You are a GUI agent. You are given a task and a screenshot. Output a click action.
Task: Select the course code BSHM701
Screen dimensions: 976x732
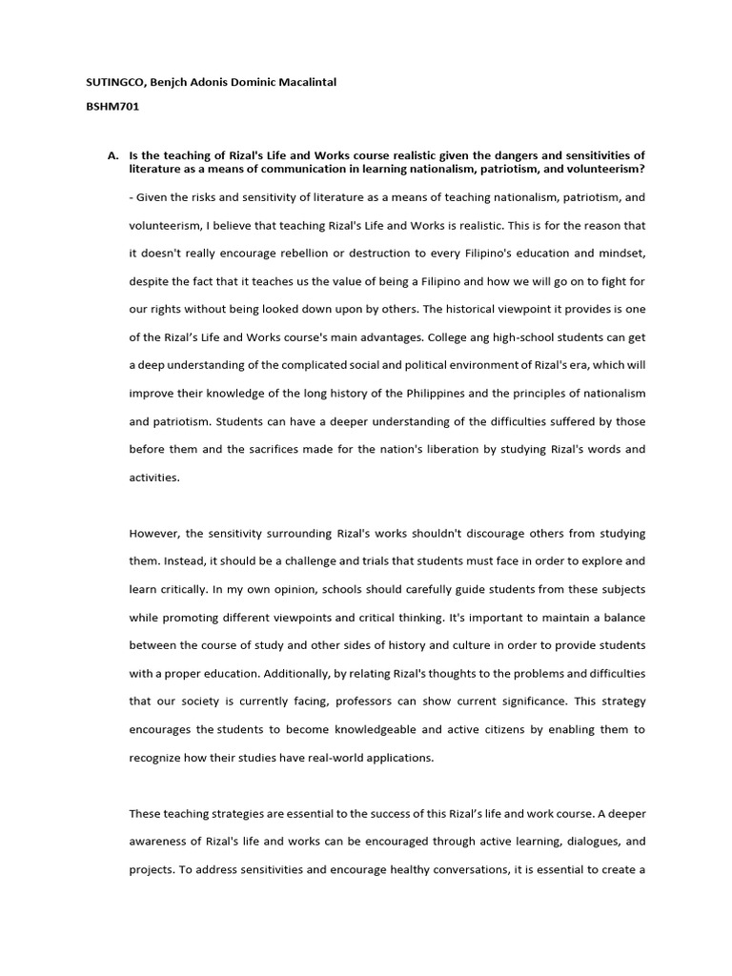(112, 107)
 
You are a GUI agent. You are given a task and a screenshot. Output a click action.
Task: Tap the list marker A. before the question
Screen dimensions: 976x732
(112, 154)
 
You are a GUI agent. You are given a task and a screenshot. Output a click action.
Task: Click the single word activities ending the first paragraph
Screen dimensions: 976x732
(153, 478)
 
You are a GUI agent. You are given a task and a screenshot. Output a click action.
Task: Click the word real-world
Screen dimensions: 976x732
(330, 758)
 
